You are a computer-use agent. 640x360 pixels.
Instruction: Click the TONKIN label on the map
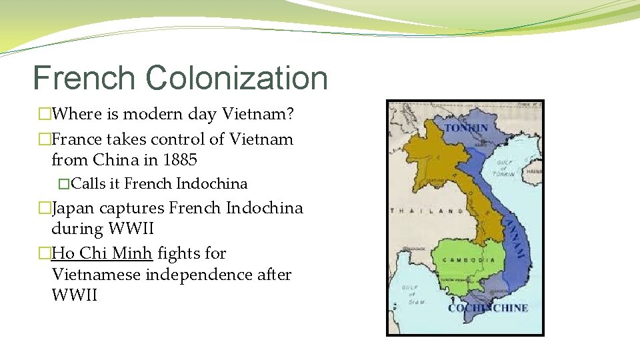466,127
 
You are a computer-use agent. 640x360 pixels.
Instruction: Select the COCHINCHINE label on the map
488,308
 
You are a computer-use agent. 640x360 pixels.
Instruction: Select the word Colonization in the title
237,78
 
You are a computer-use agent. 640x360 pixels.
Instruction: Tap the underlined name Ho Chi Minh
102,253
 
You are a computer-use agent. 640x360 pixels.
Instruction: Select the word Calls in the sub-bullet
89,183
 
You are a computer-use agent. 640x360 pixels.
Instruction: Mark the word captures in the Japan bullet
132,208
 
